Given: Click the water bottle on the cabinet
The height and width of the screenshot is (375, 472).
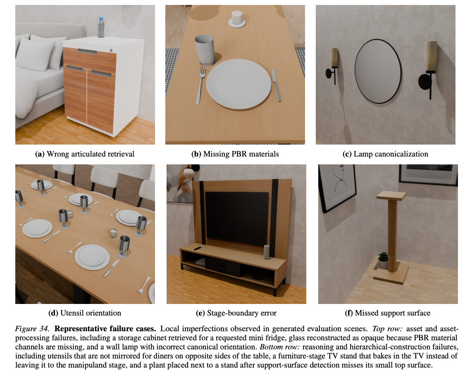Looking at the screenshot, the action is coord(101,27).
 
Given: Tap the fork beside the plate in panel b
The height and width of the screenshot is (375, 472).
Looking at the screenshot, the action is coord(200,85).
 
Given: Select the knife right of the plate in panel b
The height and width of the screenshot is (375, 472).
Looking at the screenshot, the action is coord(277,85).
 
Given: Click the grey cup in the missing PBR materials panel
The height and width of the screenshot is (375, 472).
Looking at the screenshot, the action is coord(205,50).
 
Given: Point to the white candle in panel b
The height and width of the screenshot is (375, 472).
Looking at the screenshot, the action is coord(237,19).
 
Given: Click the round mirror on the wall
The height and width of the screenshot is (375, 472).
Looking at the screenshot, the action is coord(378,71).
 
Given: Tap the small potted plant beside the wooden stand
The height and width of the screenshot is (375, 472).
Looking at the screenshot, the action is coord(383,260).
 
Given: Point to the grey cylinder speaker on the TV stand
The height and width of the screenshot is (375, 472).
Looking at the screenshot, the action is coord(267,252).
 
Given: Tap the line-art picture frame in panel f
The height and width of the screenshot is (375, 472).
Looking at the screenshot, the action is coord(337,187).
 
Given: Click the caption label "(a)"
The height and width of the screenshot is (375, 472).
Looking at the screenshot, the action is coord(40,154).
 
